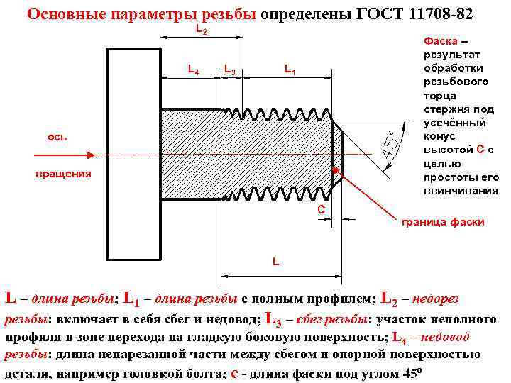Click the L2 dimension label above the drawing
pos(201,31)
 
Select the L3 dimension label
pos(229,70)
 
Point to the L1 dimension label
pos(290,70)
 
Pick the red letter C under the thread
pos(321,209)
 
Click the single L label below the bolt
pos(277,262)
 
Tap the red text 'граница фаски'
pos(443,222)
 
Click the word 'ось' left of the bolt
pos(57,136)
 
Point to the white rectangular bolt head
pos(134,155)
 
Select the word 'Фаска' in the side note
pos(441,40)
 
